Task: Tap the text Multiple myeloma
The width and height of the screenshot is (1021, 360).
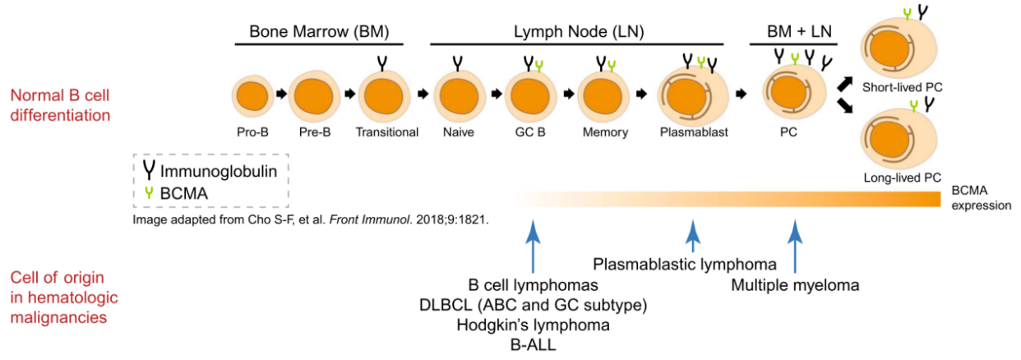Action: tap(795, 286)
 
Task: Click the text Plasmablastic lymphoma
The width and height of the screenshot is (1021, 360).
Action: tap(685, 265)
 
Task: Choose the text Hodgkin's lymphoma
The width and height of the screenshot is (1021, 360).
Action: tap(534, 325)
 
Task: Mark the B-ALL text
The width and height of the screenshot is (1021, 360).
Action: tap(533, 345)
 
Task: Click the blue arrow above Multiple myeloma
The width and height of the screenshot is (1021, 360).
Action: tap(794, 247)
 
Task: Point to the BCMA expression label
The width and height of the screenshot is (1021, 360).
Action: tap(981, 198)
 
